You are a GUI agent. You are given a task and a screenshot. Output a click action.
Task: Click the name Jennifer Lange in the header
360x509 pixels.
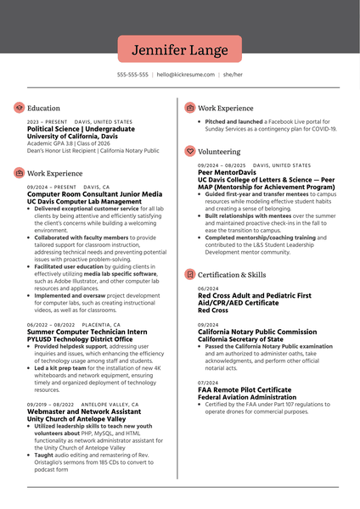pyautogui.click(x=179, y=49)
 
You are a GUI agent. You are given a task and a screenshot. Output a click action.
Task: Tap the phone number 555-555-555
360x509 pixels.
pyautogui.click(x=132, y=75)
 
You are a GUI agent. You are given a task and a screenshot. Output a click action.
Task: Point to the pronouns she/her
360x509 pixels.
pyautogui.click(x=232, y=75)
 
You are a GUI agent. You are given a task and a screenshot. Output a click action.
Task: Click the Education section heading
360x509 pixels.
pyautogui.click(x=43, y=109)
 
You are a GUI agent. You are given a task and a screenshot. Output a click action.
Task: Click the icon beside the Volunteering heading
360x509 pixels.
pyautogui.click(x=189, y=151)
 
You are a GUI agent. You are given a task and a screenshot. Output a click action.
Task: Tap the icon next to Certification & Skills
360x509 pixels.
pyautogui.click(x=189, y=275)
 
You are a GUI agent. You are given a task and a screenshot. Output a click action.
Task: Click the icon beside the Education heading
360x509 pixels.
pyautogui.click(x=19, y=109)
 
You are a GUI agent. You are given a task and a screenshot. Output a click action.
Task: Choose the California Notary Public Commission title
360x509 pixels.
pyautogui.click(x=251, y=332)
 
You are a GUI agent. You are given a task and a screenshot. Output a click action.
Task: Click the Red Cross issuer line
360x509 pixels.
pyautogui.click(x=213, y=310)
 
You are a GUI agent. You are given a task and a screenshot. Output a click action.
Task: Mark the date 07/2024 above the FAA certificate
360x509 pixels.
pyautogui.click(x=208, y=383)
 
